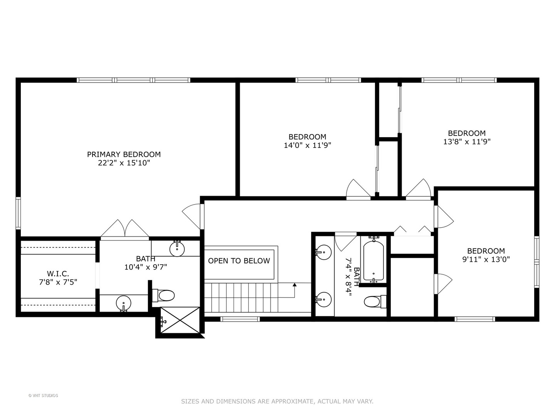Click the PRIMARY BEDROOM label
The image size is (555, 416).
pyautogui.click(x=124, y=154)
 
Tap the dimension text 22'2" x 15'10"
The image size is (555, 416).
pyautogui.click(x=124, y=163)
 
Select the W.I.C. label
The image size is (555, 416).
pyautogui.click(x=58, y=273)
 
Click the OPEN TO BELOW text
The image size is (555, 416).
pyautogui.click(x=239, y=261)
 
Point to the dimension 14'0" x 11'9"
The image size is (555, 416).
pyautogui.click(x=307, y=145)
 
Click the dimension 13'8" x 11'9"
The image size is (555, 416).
pyautogui.click(x=467, y=141)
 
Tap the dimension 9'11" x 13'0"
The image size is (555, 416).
pyautogui.click(x=486, y=259)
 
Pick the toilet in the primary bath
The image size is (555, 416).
pyautogui.click(x=165, y=296)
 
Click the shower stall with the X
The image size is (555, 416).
pyautogui.click(x=180, y=320)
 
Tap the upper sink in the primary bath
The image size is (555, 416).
pyautogui.click(x=177, y=248)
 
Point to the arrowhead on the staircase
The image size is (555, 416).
pyautogui.click(x=295, y=285)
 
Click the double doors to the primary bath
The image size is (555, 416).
pyautogui.click(x=125, y=230)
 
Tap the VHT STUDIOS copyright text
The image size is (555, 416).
pyautogui.click(x=43, y=396)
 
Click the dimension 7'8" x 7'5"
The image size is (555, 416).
pyautogui.click(x=58, y=282)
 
